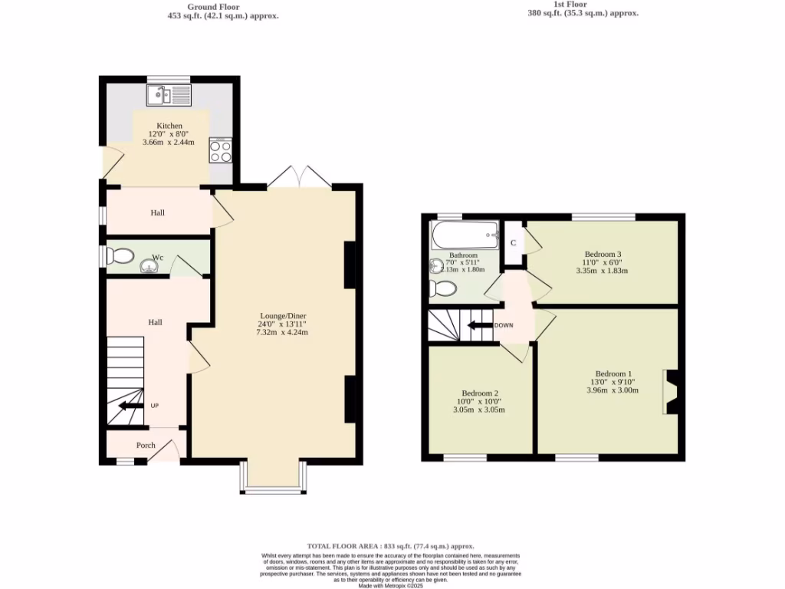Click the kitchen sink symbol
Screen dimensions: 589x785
[x=168, y=95]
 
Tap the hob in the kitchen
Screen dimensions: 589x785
[x=220, y=151]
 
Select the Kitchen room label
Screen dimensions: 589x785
[x=169, y=126]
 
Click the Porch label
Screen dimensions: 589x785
[x=146, y=445]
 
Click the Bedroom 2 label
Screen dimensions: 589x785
[x=481, y=393]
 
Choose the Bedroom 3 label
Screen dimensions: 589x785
[x=603, y=254]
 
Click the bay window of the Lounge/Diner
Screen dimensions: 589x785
[x=273, y=483]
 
